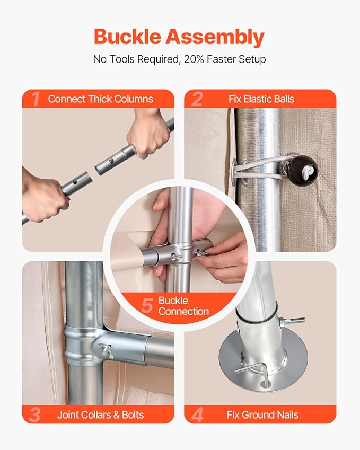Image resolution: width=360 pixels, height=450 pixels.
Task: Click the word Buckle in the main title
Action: [x=127, y=37]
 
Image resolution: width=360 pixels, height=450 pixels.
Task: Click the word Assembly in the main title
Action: [x=215, y=38]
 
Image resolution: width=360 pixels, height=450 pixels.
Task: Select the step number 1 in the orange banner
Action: [x=36, y=99]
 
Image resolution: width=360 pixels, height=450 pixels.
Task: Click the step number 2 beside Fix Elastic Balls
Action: [x=197, y=99]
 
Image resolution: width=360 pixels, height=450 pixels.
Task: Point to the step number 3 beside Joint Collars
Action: [x=35, y=415]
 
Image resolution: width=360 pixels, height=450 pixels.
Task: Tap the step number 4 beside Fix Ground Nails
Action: [x=197, y=415]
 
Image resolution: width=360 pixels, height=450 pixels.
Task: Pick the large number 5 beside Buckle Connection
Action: [x=147, y=305]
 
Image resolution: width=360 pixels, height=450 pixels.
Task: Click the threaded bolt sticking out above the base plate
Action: [x=293, y=321]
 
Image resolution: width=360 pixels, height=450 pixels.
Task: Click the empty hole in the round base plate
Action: [x=264, y=383]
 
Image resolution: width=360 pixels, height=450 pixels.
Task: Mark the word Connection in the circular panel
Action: [x=183, y=311]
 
